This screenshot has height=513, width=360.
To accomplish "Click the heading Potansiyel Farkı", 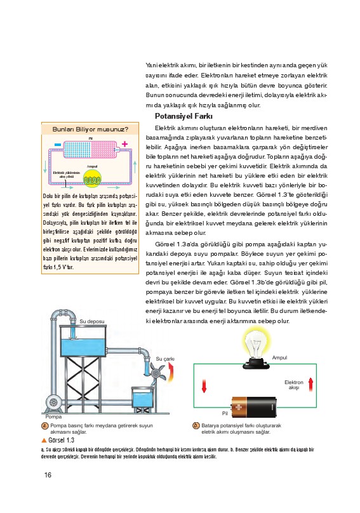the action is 183,116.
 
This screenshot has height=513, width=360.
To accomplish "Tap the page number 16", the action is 48,475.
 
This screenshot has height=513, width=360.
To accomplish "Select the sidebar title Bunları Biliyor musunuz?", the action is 90,130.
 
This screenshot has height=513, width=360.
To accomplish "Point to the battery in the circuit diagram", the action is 253,407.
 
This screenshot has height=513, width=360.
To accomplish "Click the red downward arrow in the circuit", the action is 204,386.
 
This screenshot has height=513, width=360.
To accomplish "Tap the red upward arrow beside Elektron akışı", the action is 310,385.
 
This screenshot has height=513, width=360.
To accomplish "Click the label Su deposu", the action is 92,321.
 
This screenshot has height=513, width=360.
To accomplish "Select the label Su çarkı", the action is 165,359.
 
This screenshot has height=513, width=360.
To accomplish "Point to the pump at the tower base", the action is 53,403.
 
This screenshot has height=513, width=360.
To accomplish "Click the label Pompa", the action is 53,416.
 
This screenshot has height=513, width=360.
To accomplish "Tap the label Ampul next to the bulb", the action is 279,357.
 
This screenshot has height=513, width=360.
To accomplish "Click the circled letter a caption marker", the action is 45,425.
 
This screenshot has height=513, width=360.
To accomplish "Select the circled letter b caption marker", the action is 196,425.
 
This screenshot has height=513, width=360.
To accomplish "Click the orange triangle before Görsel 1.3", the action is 44,441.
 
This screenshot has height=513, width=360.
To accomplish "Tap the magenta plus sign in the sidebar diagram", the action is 124,143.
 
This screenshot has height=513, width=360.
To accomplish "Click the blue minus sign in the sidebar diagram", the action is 58,145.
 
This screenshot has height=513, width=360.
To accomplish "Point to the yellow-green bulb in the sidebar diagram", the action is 92,179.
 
